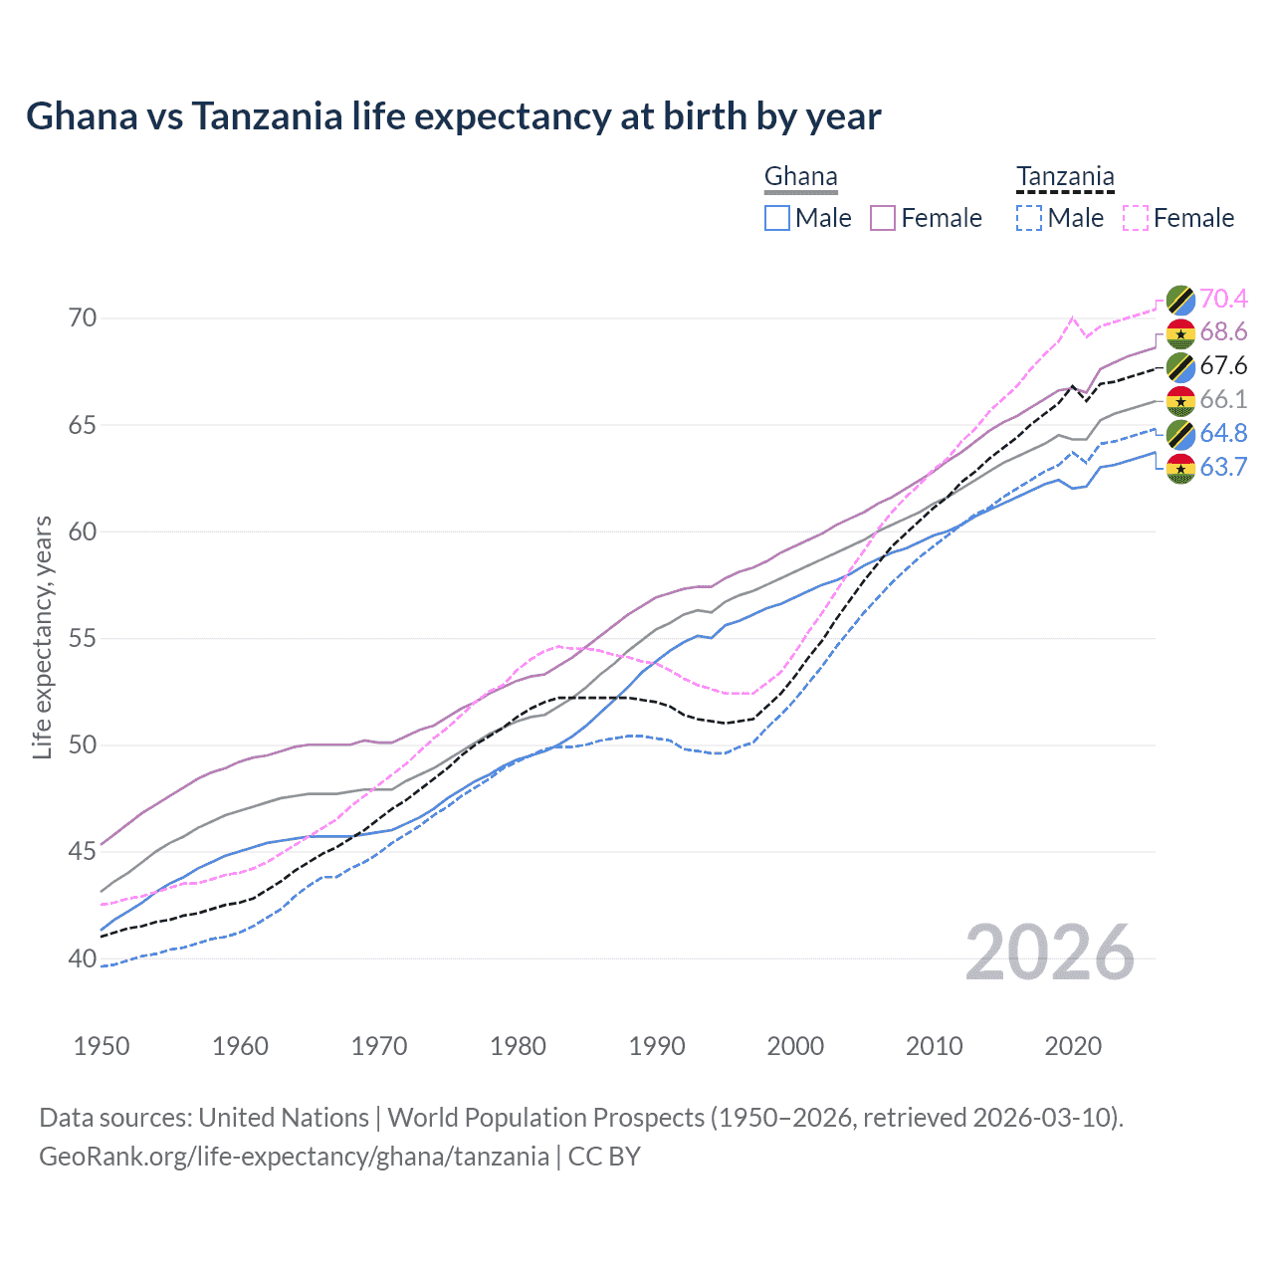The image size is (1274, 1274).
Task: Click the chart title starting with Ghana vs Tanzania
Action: pos(453,116)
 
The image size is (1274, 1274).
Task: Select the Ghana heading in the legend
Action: pos(800,177)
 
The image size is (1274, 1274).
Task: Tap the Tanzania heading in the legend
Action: pos(1064,177)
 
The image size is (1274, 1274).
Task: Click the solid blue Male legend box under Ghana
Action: pos(777,218)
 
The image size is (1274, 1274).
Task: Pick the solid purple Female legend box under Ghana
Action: pos(883,218)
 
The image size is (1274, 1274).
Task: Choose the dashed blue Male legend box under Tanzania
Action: pos(1029,218)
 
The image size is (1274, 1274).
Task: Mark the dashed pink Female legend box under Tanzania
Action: pos(1135,218)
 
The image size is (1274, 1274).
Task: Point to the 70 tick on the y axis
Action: pos(83,318)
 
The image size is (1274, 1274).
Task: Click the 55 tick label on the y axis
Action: pos(83,638)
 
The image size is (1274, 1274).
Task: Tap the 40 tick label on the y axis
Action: pos(83,958)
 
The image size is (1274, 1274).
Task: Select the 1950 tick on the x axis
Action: pos(102,1046)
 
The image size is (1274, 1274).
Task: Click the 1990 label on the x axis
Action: pos(657,1046)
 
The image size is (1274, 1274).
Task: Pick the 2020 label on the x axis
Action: pos(1073,1046)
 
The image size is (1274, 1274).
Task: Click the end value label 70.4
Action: pos(1223,299)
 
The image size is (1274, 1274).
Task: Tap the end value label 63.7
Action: pos(1223,467)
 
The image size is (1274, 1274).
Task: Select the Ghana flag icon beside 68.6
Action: pos(1180,332)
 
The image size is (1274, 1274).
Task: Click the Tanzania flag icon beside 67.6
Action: pos(1180,366)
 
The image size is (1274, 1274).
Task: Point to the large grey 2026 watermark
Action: pos(1050,953)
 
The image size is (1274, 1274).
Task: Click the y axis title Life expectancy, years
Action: pos(43,637)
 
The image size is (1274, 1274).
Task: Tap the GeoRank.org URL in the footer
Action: pos(294,1157)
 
